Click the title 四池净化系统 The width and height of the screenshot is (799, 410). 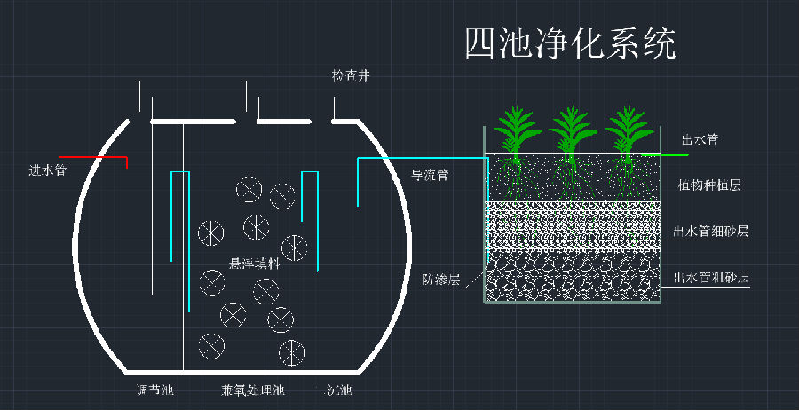click(569, 43)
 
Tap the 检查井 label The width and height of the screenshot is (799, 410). click(350, 77)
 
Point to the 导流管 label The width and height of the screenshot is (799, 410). click(429, 175)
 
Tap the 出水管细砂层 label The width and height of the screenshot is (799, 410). click(711, 233)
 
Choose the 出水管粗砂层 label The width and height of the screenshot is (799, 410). click(711, 277)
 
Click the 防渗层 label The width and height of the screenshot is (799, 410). click(440, 280)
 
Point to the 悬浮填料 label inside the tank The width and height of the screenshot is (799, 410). click(255, 264)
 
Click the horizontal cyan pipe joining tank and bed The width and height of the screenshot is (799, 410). click(422, 159)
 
